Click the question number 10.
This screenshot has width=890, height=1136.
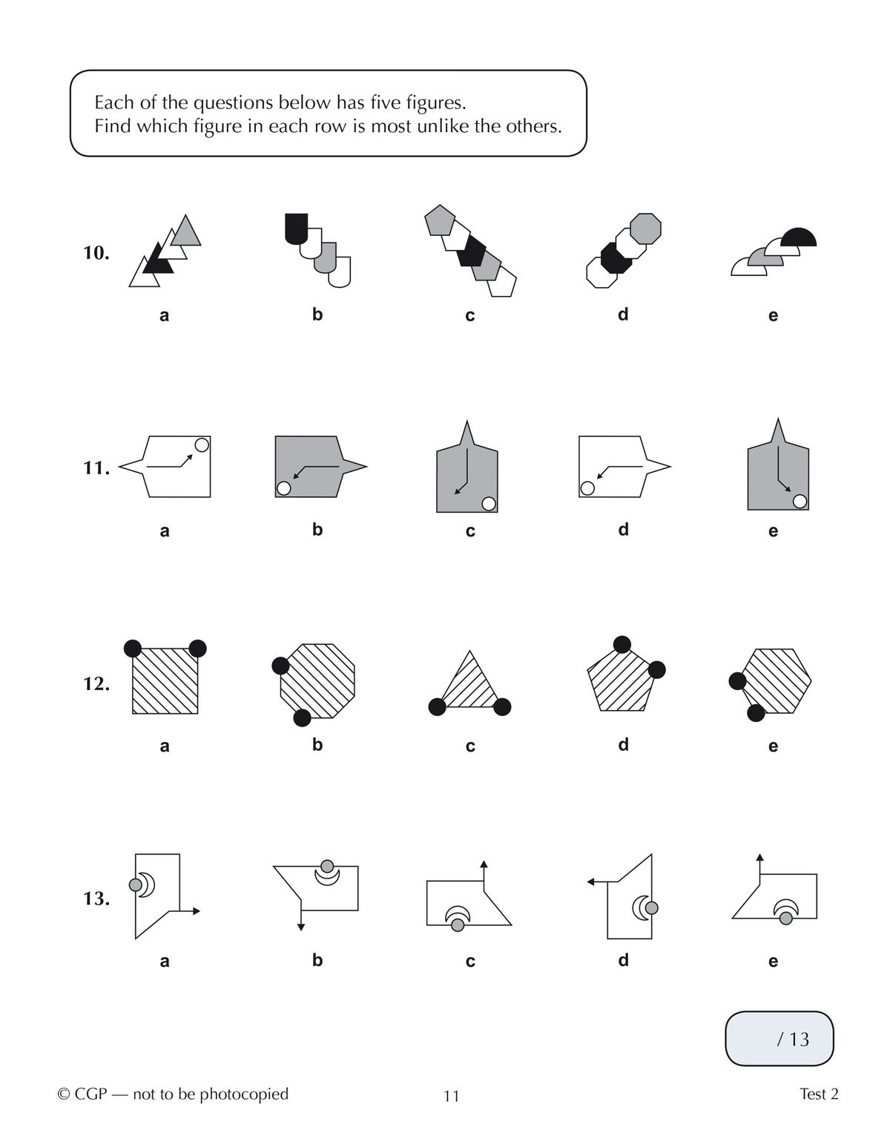[x=96, y=253]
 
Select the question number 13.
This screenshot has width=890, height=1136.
[x=96, y=899]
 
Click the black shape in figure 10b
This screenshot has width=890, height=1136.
[x=295, y=226]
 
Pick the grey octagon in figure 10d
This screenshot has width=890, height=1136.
[x=645, y=229]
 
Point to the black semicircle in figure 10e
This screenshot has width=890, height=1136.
[x=800, y=238]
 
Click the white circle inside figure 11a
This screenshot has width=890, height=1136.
[x=202, y=444]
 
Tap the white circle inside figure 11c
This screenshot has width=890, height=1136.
[x=488, y=504]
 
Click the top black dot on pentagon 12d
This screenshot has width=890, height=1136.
[x=622, y=644]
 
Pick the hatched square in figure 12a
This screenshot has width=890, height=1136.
[x=165, y=681]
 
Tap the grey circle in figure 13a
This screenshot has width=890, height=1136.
[x=136, y=884]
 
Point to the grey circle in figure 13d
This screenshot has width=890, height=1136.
[x=651, y=907]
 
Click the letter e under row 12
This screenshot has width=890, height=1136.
[x=773, y=746]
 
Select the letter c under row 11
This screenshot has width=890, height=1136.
[x=469, y=531]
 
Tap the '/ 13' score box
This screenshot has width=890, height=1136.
[x=779, y=1039]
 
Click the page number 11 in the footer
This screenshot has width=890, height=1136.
[x=452, y=1096]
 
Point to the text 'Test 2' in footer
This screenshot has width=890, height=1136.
[x=819, y=1094]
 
